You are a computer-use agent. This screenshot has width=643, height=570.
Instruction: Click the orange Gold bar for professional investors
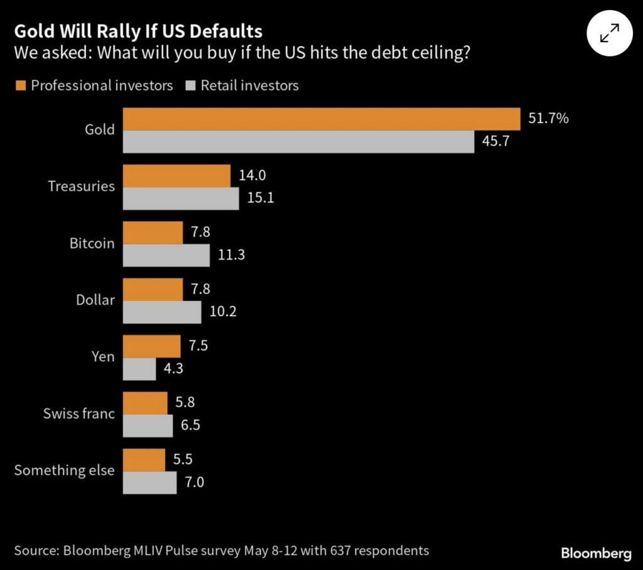(x=321, y=119)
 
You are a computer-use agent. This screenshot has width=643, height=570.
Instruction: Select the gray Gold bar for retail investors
(x=298, y=141)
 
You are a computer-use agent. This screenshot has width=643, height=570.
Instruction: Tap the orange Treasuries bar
(x=176, y=175)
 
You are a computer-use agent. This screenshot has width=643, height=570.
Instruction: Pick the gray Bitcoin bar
(x=166, y=255)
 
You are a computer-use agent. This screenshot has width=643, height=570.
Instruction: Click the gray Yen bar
(x=139, y=368)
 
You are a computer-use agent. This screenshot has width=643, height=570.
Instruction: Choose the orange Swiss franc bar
(x=145, y=403)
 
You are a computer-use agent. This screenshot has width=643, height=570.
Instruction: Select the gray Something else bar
(x=149, y=482)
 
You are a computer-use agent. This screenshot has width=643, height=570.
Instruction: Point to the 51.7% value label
(x=548, y=118)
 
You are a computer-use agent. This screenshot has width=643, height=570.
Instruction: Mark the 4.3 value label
(x=173, y=369)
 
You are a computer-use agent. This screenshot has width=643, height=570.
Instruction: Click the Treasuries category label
(x=82, y=187)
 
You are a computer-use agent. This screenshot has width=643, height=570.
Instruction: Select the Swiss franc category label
(x=79, y=414)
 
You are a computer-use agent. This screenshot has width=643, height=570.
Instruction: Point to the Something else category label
(x=65, y=470)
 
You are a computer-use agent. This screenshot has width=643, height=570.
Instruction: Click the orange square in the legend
(x=20, y=85)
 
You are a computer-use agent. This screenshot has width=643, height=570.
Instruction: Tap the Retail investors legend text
(x=249, y=85)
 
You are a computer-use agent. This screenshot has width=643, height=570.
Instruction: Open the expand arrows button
(x=608, y=33)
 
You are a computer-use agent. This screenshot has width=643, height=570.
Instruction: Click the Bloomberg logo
(x=595, y=554)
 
